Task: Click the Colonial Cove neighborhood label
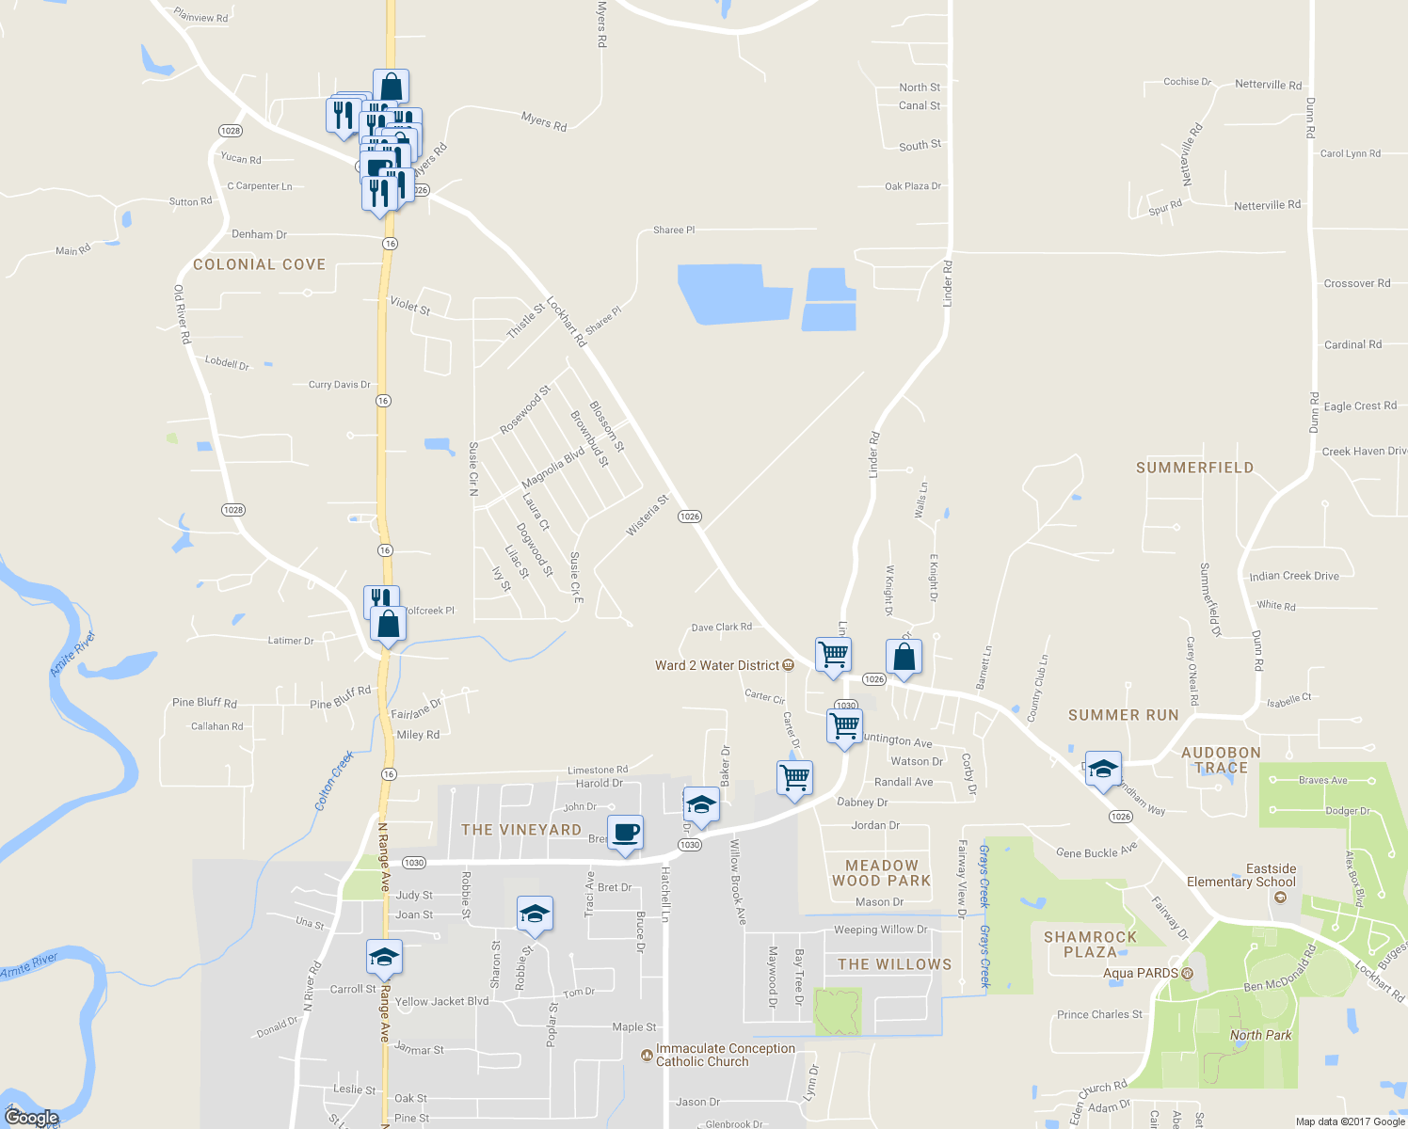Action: pos(259,265)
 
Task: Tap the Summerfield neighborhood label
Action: pos(1194,468)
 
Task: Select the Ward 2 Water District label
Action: pos(717,665)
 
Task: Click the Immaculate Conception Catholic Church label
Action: pos(725,1055)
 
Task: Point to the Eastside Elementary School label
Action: pos(1240,875)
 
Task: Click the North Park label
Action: pos(1260,1035)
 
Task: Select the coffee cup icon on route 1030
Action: pos(626,833)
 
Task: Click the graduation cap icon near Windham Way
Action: pos(1103,770)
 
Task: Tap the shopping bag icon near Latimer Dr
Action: pos(388,624)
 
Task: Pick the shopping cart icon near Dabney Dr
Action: pos(795,778)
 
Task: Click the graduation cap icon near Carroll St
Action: pos(384,958)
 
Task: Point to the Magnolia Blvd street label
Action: pos(553,468)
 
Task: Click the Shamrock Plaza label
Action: pos(1090,945)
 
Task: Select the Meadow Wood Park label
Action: pos(881,873)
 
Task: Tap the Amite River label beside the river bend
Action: pos(72,654)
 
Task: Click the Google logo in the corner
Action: pos(32,1118)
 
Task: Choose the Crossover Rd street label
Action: pos(1356,283)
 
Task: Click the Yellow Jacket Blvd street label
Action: pos(441,1001)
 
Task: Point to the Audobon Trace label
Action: pos(1221,760)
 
